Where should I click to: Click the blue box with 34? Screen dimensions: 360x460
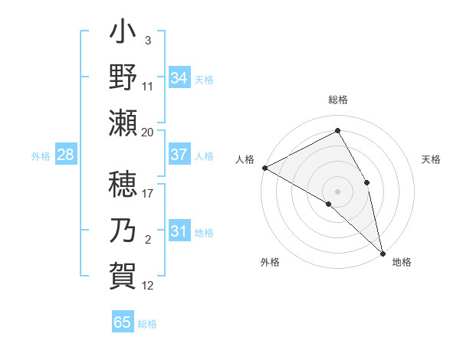coord(179,78)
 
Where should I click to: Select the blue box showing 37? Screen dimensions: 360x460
coord(179,155)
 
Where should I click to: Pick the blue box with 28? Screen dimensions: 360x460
coord(66,155)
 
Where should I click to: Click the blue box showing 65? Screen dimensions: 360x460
coord(123,322)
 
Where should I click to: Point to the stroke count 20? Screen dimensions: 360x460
coord(148,132)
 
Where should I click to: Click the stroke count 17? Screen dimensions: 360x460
coord(148,194)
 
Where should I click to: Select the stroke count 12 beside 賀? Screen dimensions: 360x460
coord(148,286)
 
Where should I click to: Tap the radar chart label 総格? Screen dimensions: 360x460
coord(338,100)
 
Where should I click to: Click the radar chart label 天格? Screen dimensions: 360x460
coord(432,159)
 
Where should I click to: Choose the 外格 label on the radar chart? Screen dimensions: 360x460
coord(270,262)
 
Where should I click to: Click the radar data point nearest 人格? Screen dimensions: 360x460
coord(264,168)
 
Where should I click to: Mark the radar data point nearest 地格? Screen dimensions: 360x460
coord(382,252)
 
